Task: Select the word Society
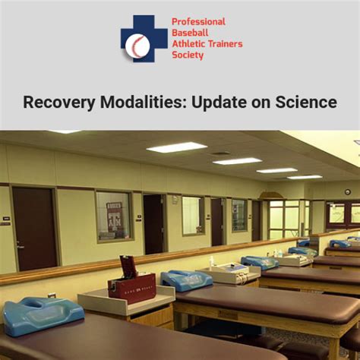tap(189, 55)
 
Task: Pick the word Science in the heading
tap(304, 102)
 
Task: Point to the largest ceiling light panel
tap(177, 147)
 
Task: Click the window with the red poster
tap(114, 216)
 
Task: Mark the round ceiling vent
tap(221, 153)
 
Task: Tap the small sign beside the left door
tap(6, 219)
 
